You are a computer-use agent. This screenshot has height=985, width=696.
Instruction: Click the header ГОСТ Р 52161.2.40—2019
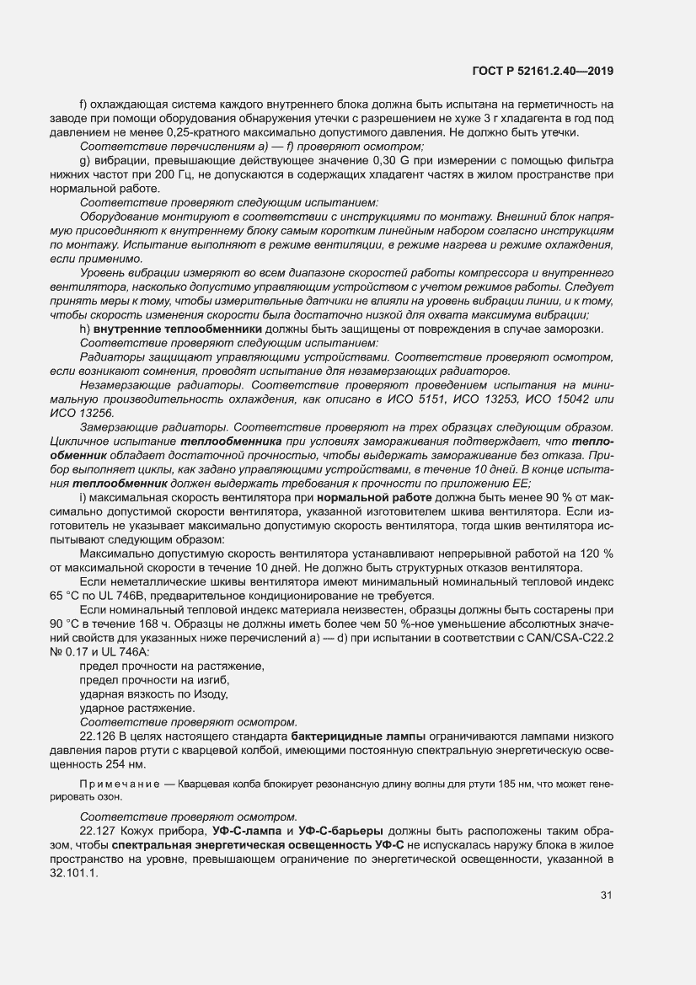pos(543,71)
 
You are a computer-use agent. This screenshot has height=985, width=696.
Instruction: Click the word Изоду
pos(211,694)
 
